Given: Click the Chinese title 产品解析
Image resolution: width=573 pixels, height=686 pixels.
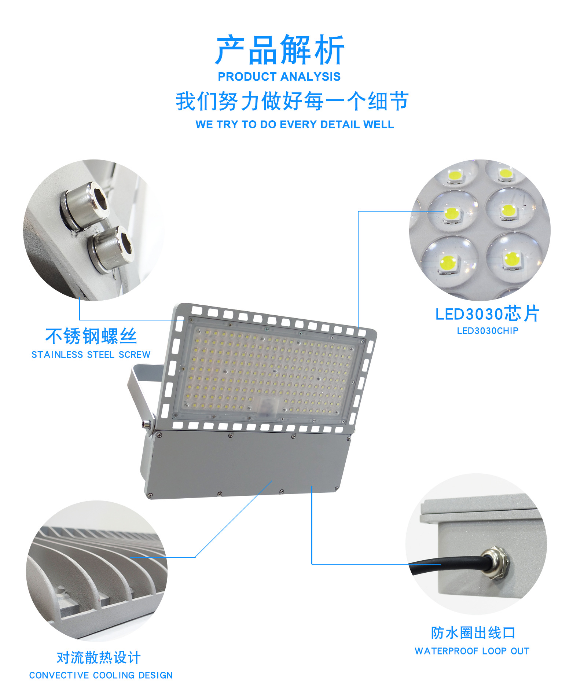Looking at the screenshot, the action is [x=280, y=50].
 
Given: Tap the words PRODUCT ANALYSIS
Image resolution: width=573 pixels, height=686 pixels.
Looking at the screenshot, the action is [x=279, y=77].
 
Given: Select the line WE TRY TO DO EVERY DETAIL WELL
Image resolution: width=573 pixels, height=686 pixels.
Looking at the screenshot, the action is [x=295, y=124].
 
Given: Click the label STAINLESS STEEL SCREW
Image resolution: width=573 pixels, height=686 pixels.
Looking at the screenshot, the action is [x=91, y=355].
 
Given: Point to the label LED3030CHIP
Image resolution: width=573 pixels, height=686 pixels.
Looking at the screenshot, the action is [x=488, y=331].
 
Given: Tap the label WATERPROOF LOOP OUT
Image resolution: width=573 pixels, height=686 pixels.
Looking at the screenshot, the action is [x=472, y=651].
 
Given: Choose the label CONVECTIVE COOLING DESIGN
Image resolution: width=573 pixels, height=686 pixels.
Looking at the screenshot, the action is [x=101, y=675].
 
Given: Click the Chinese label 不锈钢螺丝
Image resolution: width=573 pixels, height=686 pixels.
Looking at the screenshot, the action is [x=91, y=336].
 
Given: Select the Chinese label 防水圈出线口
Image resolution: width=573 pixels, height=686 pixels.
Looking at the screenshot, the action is [x=473, y=633].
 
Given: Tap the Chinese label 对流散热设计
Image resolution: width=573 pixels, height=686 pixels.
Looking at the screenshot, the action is [x=99, y=657].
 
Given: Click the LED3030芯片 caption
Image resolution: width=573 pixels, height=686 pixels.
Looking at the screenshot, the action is [x=488, y=314].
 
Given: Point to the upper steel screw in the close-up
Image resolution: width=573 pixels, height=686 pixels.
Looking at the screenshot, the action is [x=85, y=205].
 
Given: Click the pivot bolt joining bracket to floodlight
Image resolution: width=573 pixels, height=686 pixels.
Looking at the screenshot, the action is [x=146, y=424].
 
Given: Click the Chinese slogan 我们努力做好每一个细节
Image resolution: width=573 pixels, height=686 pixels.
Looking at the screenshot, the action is [x=292, y=101].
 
